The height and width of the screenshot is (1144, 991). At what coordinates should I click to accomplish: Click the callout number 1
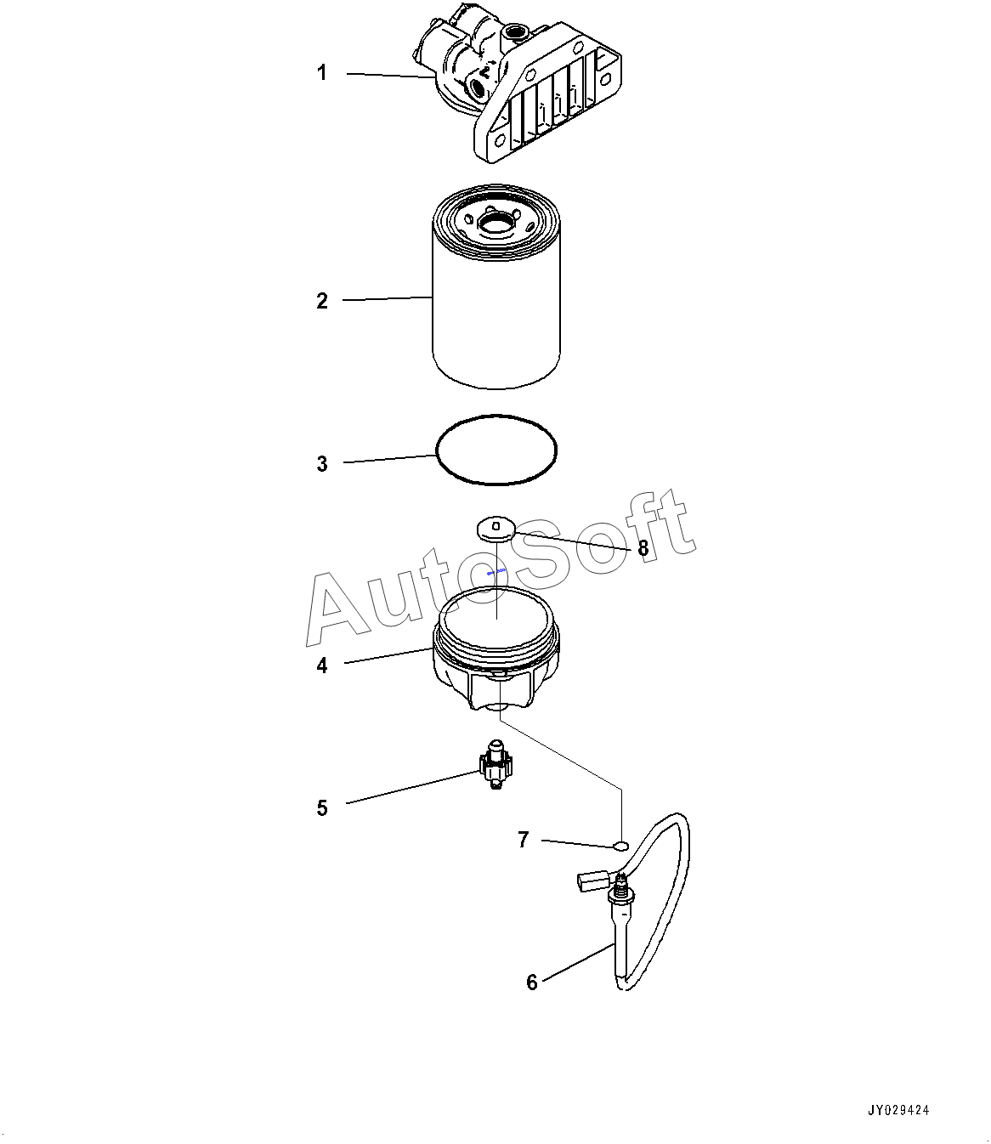coord(321,72)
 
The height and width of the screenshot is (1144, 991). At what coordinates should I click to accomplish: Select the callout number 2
coord(322,301)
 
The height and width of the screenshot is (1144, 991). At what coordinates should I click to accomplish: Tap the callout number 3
coord(322,464)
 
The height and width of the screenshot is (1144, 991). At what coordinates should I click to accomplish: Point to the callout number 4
coord(322,665)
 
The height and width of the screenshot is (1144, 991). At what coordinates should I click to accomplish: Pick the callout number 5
coord(322,808)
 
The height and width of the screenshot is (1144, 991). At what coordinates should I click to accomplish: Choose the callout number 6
coord(532,983)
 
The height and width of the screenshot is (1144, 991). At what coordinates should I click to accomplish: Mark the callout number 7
coord(524,840)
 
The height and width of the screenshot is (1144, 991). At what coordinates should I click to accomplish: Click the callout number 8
coord(643,548)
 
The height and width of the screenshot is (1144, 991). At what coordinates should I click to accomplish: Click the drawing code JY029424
coord(898,1110)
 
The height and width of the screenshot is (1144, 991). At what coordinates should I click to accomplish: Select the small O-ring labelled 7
coord(620,846)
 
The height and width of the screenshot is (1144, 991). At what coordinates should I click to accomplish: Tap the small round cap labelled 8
coord(495,528)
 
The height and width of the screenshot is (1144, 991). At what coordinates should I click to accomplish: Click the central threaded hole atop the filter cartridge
coord(495,224)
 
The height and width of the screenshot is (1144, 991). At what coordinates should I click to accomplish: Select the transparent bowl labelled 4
coord(495,648)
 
